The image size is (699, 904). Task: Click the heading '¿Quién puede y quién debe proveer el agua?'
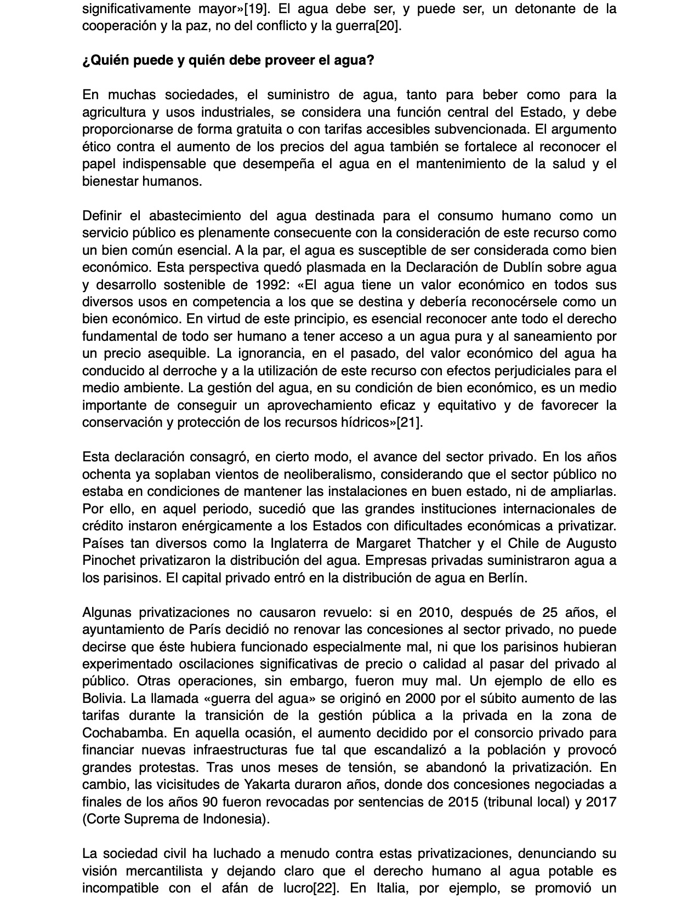coord(228,60)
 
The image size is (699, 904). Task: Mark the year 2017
coord(601,802)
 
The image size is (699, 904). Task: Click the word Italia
coord(384,889)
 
